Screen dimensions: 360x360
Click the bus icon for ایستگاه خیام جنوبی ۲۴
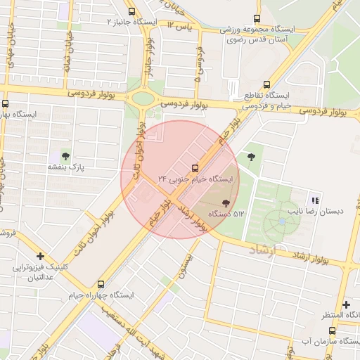pyautogui.click(x=195, y=167)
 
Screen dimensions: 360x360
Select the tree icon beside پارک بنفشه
pyautogui.click(x=65, y=156)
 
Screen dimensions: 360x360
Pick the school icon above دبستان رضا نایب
pyautogui.click(x=316, y=200)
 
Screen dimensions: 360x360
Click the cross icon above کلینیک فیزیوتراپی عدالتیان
pyautogui.click(x=41, y=257)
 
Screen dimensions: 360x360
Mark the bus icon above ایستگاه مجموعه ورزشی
pyautogui.click(x=257, y=20)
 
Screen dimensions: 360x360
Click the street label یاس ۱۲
pyautogui.click(x=179, y=26)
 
